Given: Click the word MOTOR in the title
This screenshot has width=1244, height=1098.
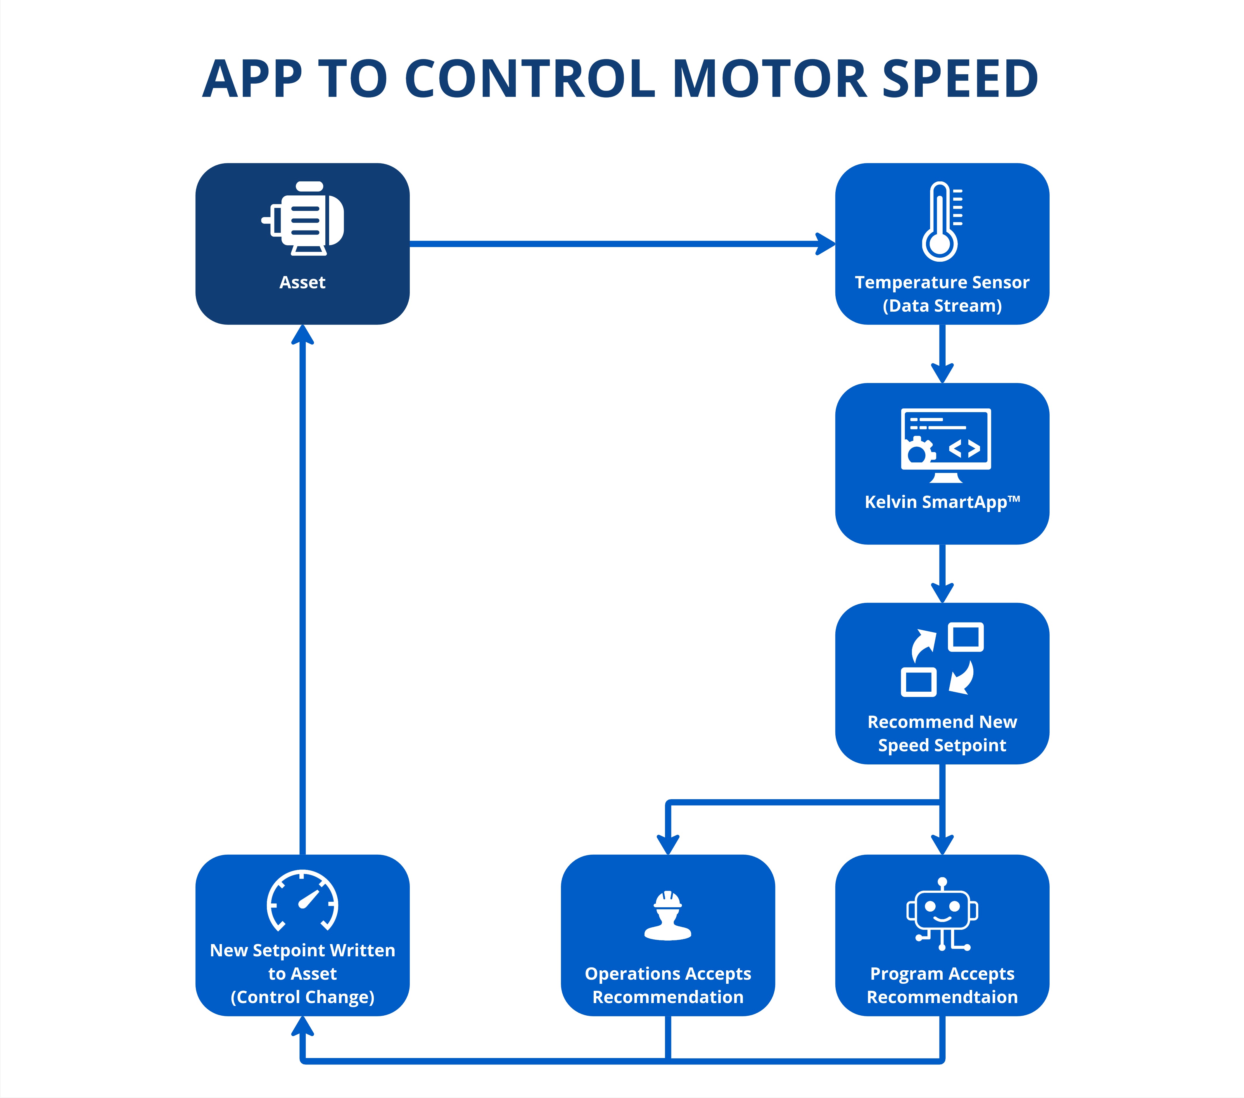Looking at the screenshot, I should [770, 79].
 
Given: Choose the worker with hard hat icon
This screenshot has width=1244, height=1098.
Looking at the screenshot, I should [668, 915].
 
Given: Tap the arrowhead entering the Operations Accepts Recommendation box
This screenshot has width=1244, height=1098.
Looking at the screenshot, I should [668, 844].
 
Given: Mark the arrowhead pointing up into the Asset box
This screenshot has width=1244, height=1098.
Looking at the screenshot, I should [303, 334].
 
